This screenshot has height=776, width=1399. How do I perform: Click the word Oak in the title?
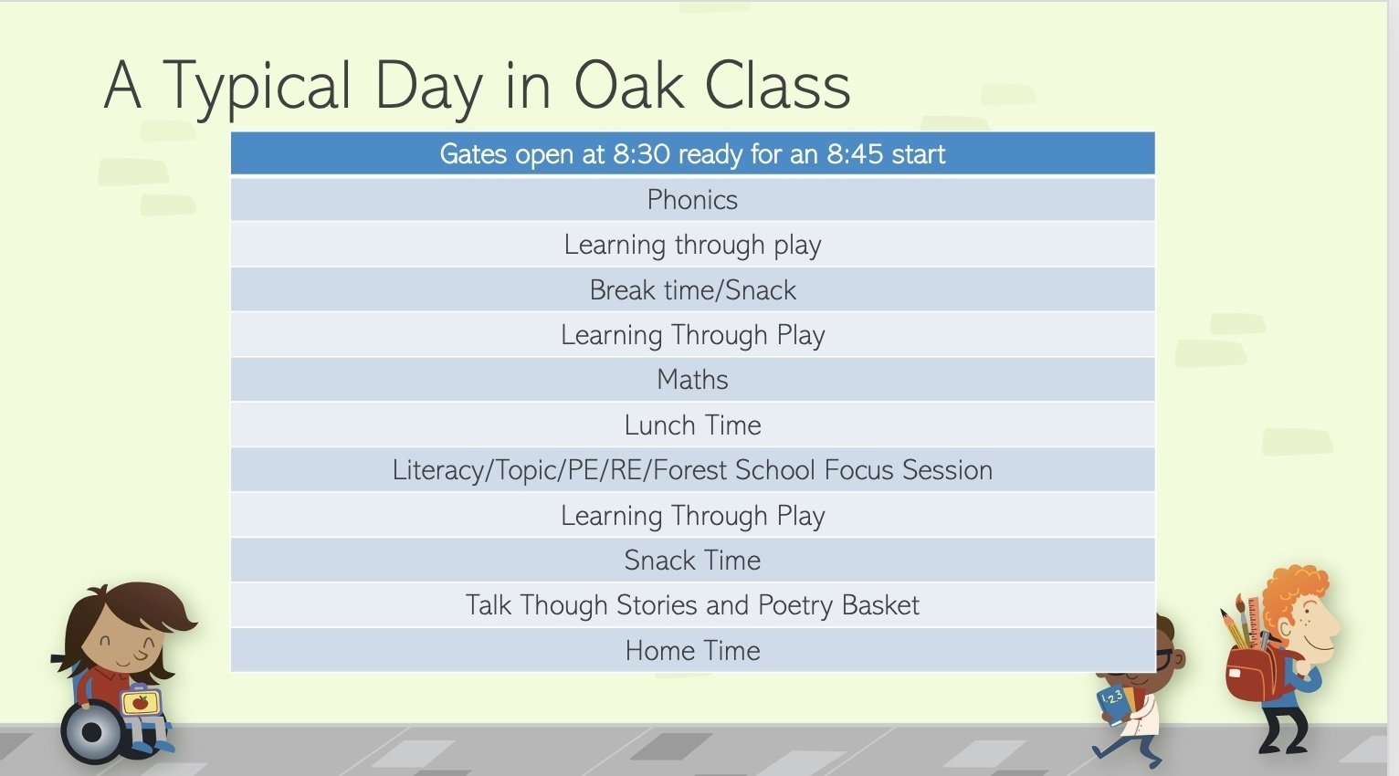629,86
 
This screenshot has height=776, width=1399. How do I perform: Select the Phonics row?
692,200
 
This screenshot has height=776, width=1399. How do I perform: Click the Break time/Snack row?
692,289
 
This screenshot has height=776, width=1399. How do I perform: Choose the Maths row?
692,380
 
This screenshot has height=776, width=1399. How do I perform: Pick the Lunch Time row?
692,425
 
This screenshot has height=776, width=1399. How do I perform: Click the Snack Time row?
692,560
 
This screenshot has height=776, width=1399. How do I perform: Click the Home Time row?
692,651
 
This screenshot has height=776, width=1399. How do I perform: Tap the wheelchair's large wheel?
92,732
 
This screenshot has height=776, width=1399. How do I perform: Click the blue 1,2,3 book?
1113,704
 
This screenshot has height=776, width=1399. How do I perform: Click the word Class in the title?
777,86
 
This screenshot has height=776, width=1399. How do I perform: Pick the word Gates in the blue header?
473,154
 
